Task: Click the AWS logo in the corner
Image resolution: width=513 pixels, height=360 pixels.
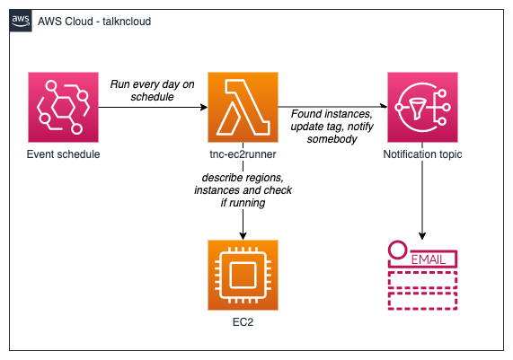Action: pos(21,21)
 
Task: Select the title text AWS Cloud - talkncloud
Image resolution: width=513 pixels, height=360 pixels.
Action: pos(94,22)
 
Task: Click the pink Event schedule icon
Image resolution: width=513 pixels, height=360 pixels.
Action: pos(63,107)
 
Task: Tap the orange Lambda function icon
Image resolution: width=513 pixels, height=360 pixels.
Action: pos(243,107)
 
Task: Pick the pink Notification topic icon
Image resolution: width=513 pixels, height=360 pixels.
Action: pos(422,107)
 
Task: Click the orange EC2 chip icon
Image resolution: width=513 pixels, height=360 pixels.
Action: pos(243,275)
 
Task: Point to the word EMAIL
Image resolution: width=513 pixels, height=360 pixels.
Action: pos(429,260)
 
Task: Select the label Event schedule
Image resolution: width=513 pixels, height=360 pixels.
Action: pos(63,154)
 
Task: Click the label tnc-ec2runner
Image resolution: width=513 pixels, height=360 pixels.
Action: pos(243,154)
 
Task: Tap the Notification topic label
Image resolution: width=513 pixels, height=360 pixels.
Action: pos(422,154)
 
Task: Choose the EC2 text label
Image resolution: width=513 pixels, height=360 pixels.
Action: pos(243,322)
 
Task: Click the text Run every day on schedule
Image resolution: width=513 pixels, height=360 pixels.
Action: pos(153,91)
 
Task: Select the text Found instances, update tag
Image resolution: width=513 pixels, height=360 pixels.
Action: pos(332,120)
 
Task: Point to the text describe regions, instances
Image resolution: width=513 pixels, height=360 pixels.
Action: pos(243,184)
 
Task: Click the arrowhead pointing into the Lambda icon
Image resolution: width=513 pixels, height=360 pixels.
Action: pos(204,107)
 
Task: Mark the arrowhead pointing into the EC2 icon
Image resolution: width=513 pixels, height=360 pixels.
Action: pos(243,236)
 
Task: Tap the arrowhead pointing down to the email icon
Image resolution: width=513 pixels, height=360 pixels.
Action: pos(422,236)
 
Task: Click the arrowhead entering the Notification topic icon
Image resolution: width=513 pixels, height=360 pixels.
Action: pos(384,106)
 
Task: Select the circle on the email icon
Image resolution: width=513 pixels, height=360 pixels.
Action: pos(398,250)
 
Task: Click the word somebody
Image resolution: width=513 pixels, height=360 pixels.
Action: pos(332,139)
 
